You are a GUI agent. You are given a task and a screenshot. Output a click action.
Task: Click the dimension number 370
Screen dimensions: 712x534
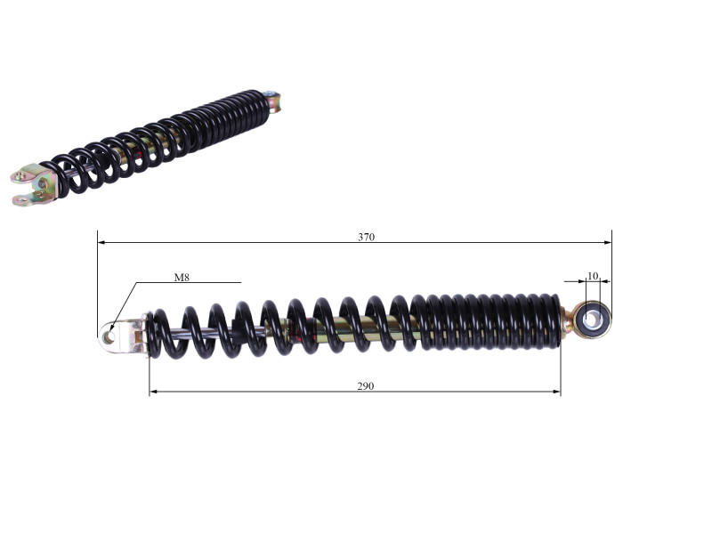click(x=366, y=237)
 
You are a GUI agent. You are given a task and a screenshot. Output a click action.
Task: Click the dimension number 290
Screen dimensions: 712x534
click(x=366, y=386)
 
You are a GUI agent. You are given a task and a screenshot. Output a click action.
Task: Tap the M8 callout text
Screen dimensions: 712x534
click(x=182, y=277)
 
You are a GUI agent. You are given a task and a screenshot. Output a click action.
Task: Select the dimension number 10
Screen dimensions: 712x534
click(x=593, y=276)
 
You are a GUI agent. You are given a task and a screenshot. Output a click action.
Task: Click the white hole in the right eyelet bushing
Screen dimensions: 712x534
click(x=592, y=319)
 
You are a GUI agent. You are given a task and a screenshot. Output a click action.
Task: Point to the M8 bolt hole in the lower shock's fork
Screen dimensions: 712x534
click(x=109, y=337)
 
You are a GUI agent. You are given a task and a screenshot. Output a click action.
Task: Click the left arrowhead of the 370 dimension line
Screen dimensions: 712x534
click(x=101, y=243)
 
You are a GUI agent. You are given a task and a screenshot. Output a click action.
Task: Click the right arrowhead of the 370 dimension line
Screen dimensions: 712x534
click(x=608, y=243)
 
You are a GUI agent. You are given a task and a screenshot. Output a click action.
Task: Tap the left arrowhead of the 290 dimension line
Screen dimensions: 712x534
click(x=153, y=392)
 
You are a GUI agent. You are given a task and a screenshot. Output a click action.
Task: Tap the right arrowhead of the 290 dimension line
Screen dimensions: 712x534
click(x=556, y=392)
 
